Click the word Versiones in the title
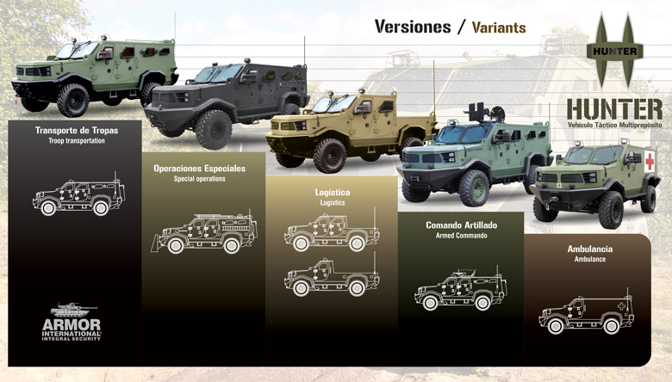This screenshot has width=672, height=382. pos(411,27)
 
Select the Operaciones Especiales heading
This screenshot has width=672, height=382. pos(199,169)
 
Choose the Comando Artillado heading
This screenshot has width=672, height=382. pos(461,225)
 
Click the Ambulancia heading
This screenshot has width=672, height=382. pos(585,249)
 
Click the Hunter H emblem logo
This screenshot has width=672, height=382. pos(614,51)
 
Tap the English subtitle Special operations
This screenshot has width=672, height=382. pos(199,179)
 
